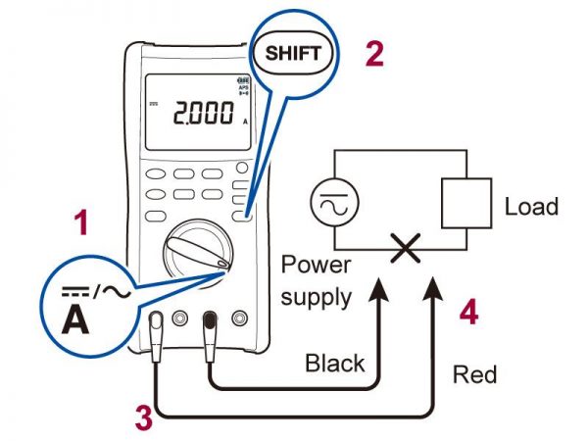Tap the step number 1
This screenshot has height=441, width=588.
82,226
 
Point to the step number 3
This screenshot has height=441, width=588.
143,419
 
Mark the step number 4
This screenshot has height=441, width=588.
469,314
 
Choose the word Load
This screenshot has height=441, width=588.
531,207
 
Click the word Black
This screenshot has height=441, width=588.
335,364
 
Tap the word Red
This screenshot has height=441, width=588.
474,374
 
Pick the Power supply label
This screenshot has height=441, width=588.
316,279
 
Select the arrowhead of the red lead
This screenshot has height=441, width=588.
433,284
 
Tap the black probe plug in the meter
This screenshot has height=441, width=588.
209,324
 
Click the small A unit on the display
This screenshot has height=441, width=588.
244,122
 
